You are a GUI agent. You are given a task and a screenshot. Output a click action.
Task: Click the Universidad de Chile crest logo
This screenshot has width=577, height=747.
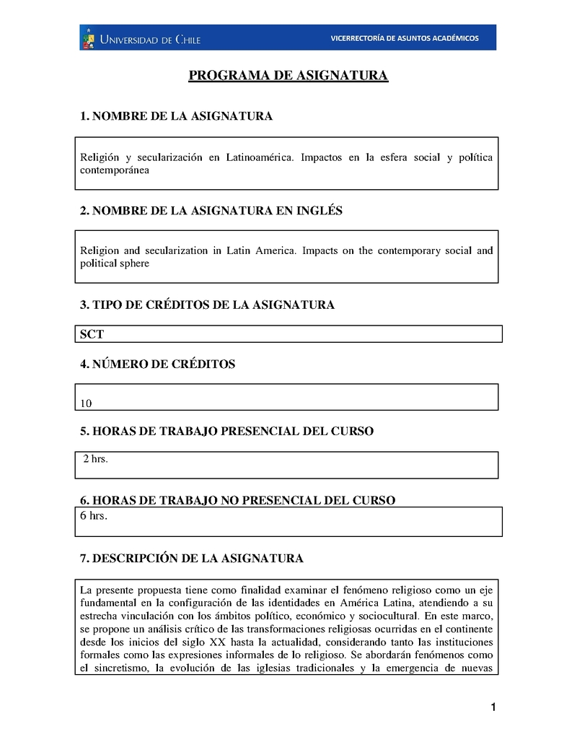[x=88, y=38]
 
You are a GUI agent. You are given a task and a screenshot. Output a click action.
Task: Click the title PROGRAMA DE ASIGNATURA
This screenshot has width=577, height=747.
[x=288, y=76]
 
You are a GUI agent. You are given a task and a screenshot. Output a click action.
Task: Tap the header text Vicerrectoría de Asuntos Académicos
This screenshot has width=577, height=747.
[x=404, y=38]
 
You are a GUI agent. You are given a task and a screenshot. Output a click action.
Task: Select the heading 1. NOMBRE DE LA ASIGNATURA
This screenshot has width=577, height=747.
[x=176, y=116]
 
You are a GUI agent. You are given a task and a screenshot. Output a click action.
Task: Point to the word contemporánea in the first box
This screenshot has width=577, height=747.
[x=115, y=170]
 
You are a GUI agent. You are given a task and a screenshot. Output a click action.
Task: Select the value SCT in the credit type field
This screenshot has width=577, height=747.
[x=92, y=334]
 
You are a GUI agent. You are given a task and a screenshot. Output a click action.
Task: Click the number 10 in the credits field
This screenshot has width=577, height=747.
[x=87, y=403]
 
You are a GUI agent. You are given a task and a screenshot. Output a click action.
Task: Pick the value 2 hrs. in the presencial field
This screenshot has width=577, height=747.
[x=96, y=459]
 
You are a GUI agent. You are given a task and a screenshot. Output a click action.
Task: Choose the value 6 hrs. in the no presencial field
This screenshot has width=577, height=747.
[x=94, y=515]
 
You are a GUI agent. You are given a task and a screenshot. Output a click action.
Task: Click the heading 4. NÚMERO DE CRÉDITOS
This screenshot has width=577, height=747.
[x=157, y=364]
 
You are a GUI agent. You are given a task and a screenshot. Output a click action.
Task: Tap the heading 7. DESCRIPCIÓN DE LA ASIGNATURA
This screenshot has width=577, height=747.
[x=191, y=559]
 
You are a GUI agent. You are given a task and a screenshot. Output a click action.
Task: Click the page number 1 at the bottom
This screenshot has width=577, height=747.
[x=493, y=707]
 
